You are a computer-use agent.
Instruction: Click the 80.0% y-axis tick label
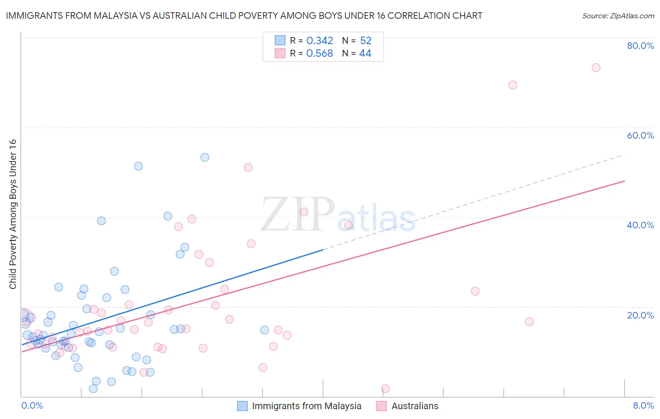[640, 46]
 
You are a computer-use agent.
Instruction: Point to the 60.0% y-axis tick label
[640, 135]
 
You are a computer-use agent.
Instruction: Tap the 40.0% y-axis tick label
[640, 225]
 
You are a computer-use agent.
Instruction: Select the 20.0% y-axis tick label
[640, 315]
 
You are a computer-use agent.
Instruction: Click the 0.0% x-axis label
[32, 405]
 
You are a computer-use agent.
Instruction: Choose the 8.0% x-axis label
[643, 405]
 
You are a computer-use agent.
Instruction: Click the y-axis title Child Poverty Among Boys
[13, 214]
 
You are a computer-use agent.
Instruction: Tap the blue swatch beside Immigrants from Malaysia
[242, 406]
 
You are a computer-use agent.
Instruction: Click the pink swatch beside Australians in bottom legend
[381, 406]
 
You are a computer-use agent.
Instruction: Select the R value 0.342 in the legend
[320, 41]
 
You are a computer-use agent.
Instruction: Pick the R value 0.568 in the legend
[320, 54]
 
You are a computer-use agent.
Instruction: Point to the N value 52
[366, 41]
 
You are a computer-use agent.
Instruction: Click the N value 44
[365, 54]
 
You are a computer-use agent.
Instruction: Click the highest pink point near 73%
[596, 68]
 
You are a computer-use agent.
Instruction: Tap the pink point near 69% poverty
[513, 85]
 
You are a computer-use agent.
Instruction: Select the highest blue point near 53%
[205, 157]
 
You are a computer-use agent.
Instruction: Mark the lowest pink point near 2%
[385, 388]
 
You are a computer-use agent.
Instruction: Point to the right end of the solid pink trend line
[624, 181]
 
